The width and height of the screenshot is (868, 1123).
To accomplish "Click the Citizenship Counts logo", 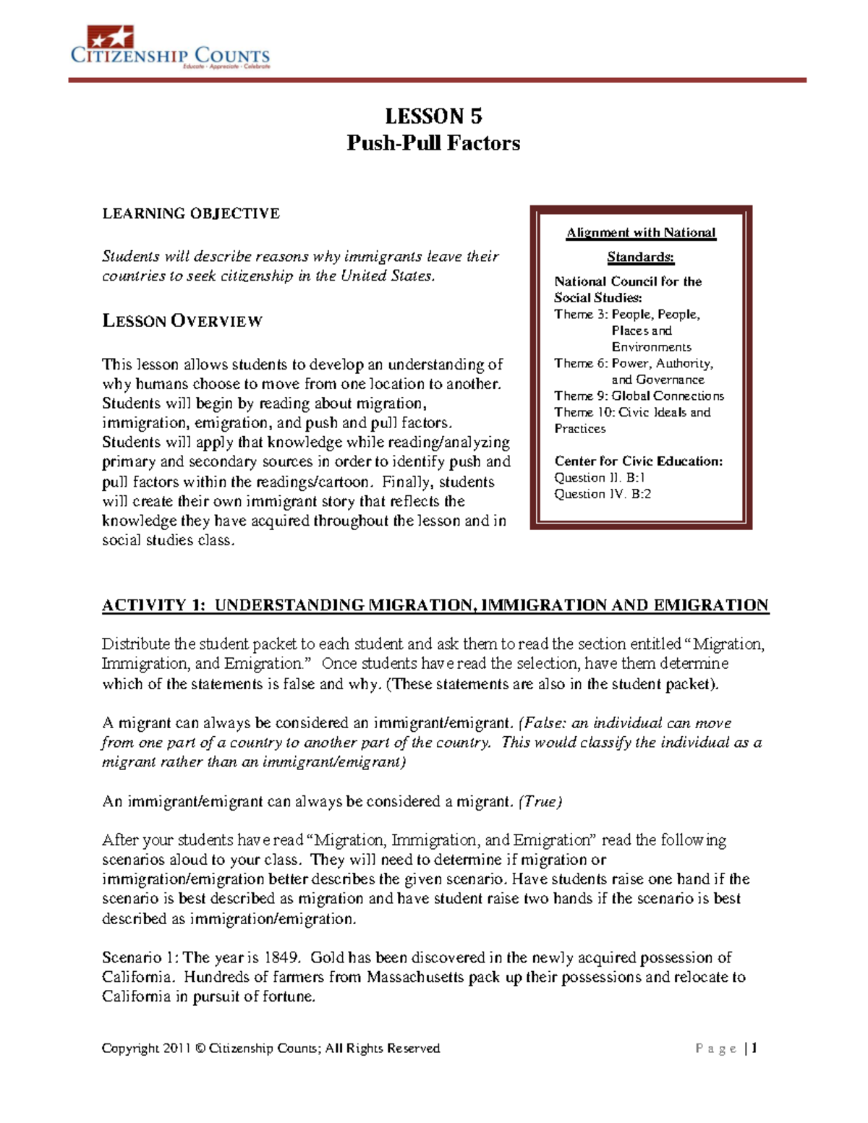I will [170, 48].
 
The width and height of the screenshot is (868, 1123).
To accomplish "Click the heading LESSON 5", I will [433, 116].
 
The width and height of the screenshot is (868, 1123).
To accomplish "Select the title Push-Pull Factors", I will [433, 143].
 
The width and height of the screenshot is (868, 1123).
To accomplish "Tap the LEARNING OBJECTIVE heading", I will [190, 213].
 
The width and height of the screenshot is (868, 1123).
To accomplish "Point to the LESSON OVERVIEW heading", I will [182, 321].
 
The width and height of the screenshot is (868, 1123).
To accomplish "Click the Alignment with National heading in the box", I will [641, 233].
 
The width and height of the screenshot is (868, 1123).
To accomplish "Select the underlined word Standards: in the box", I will [640, 257].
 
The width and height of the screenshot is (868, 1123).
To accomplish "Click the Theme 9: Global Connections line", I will [639, 396].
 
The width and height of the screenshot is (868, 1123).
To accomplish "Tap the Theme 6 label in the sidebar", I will [581, 363].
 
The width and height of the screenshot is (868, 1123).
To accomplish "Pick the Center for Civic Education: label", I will [638, 461].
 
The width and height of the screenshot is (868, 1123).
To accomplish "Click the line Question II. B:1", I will [599, 477].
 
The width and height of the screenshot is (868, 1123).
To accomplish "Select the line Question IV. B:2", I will [602, 494].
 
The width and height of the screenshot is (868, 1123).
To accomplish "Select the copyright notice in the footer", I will [271, 1048].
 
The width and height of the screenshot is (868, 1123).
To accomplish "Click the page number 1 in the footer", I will [754, 1048].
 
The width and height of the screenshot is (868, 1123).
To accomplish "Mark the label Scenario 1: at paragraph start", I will [140, 957].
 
